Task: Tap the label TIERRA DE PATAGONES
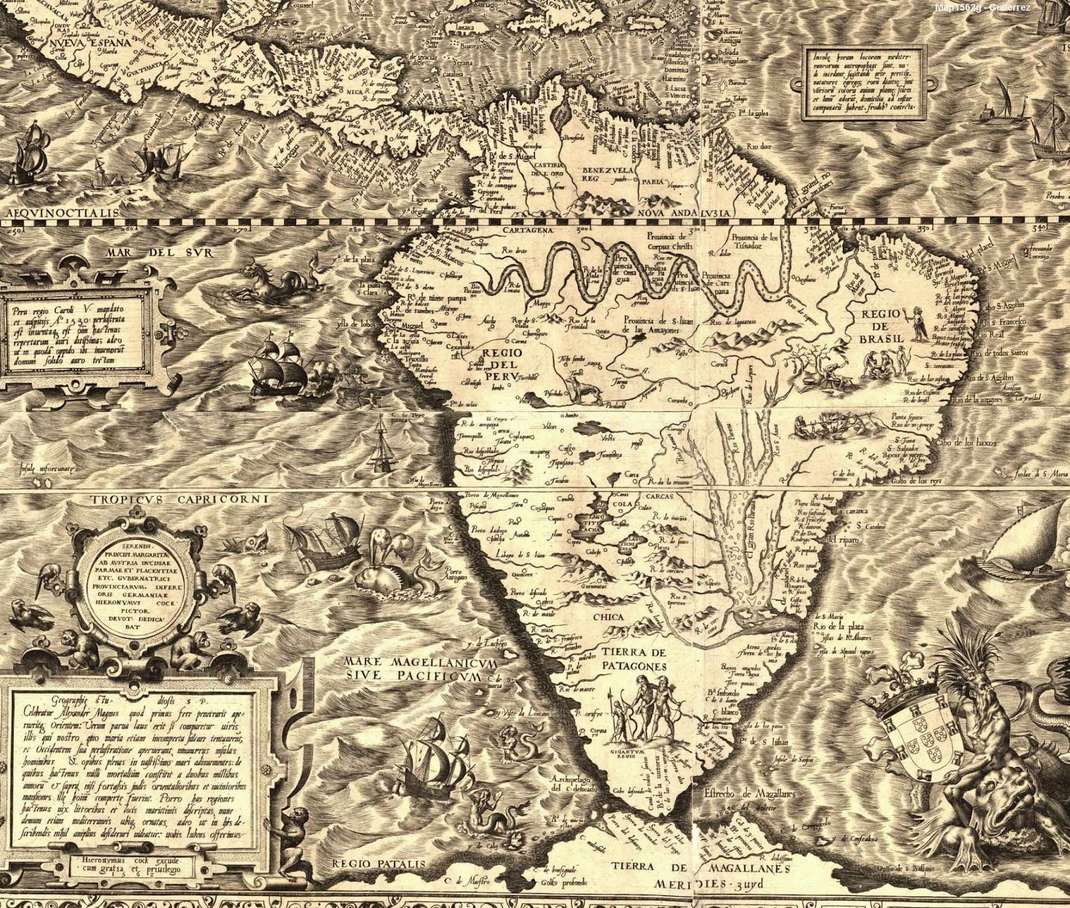(633, 659)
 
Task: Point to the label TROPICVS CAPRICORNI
(180, 499)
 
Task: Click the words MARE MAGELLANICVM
(421, 662)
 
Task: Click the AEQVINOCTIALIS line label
(60, 212)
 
